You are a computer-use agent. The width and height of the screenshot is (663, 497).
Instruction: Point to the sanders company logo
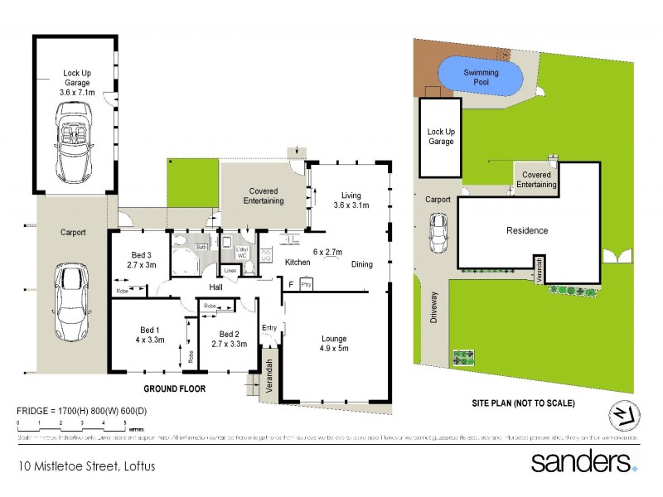[x=583, y=461]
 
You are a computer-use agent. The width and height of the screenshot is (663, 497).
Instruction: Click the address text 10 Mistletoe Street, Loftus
[x=86, y=466]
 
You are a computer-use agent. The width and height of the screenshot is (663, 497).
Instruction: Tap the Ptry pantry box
[x=306, y=285]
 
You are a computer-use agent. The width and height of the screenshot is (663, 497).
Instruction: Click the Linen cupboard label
[x=230, y=271]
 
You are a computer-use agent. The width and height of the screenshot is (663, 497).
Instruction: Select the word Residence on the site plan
[x=527, y=230]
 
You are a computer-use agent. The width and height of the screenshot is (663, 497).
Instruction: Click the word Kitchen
[x=298, y=263]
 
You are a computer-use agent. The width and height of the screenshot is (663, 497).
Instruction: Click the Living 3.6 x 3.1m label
[x=351, y=200]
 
